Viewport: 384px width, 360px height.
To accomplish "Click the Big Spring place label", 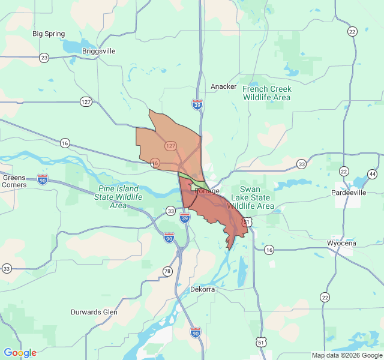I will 49,34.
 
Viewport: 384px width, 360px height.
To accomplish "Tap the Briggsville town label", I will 98,51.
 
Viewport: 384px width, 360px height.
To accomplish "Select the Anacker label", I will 223,86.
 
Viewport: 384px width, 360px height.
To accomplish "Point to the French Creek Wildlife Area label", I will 266,93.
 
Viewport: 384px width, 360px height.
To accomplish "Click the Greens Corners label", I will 14,181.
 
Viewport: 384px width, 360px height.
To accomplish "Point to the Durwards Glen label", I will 94,312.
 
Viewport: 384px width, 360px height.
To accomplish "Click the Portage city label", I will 208,191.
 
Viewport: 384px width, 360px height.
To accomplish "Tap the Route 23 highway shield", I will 44,58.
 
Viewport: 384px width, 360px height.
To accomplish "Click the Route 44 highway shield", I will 373,174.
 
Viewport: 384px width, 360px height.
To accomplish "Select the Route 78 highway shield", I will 167,271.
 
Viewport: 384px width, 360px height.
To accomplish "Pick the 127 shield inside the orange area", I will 171,146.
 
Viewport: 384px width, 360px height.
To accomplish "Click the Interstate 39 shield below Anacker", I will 197,104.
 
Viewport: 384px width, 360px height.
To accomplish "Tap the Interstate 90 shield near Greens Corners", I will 42,179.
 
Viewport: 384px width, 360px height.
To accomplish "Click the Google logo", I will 20,353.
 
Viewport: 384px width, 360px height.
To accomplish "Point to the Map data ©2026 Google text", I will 347,355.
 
